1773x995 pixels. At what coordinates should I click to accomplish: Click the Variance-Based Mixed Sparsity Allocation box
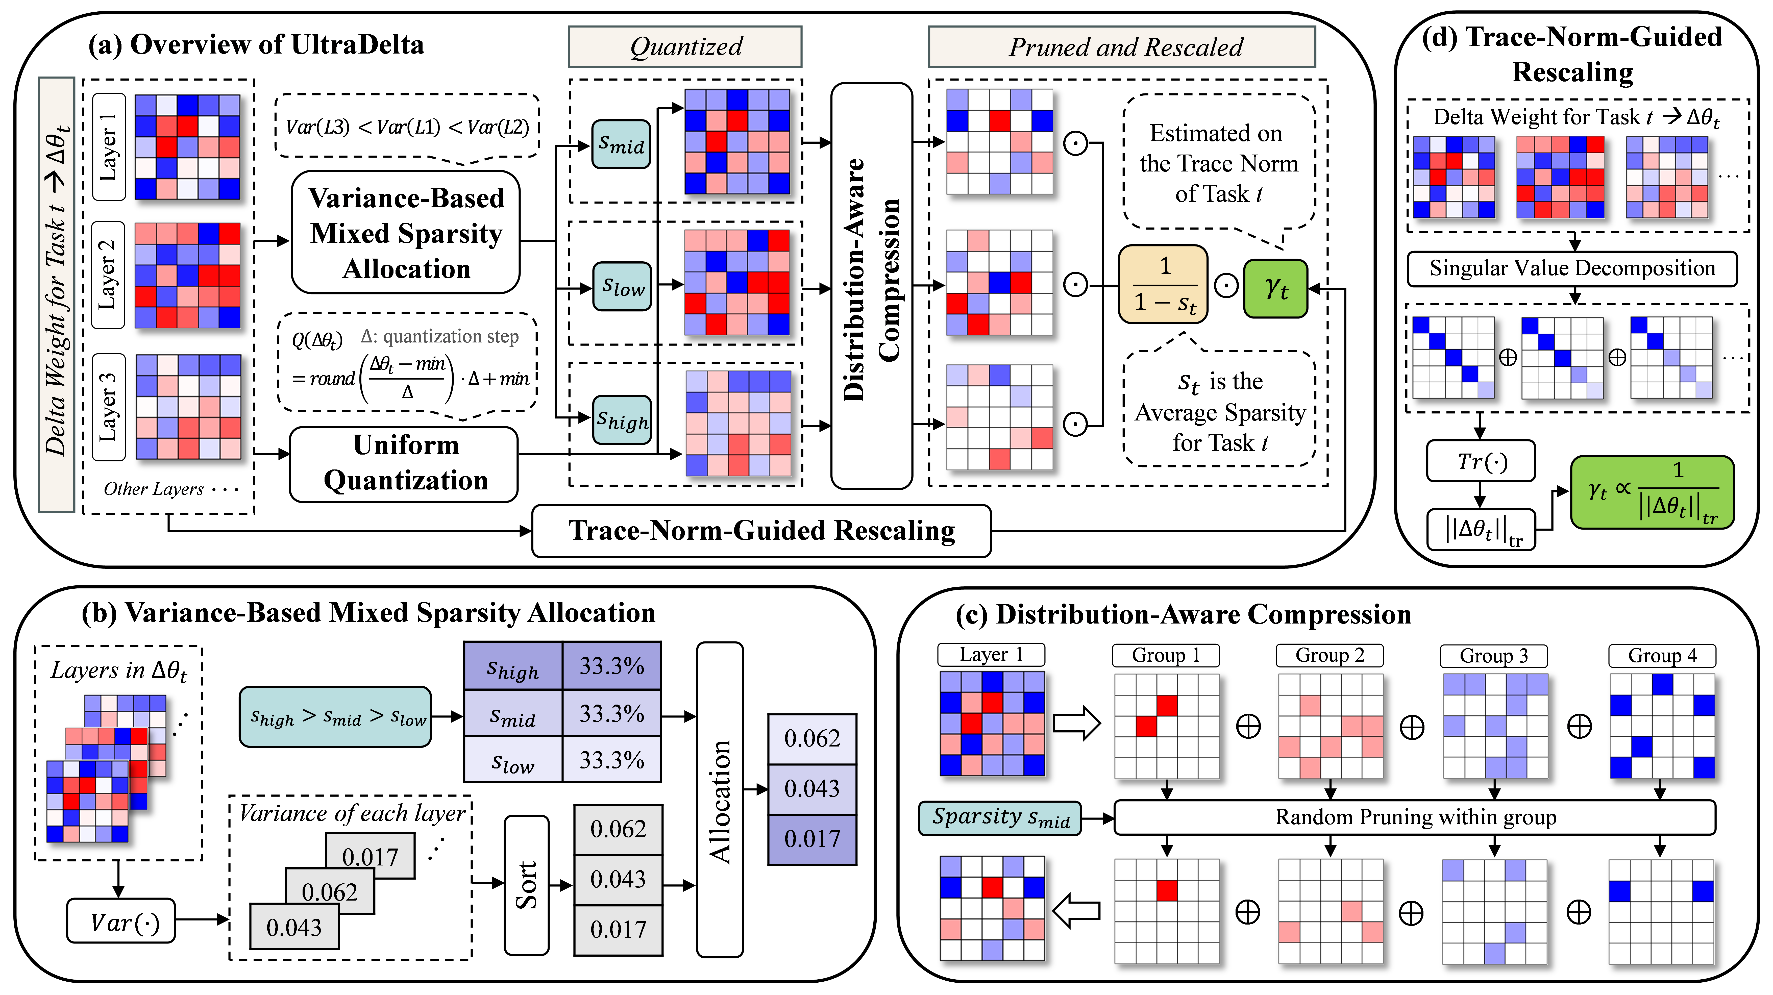pos(406,233)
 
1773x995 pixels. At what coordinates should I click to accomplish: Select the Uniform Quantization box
pos(405,463)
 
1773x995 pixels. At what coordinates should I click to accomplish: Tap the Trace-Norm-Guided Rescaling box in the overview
pos(761,531)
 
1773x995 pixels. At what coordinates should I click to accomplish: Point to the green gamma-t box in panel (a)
pos(1275,288)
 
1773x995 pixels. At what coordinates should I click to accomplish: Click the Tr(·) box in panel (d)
pos(1481,461)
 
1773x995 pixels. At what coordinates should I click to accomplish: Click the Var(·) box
pos(121,921)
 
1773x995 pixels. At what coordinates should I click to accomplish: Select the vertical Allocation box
pos(720,800)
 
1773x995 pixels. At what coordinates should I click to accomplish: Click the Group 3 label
pos(1494,656)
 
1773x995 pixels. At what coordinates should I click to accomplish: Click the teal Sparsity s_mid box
pos(1000,817)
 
